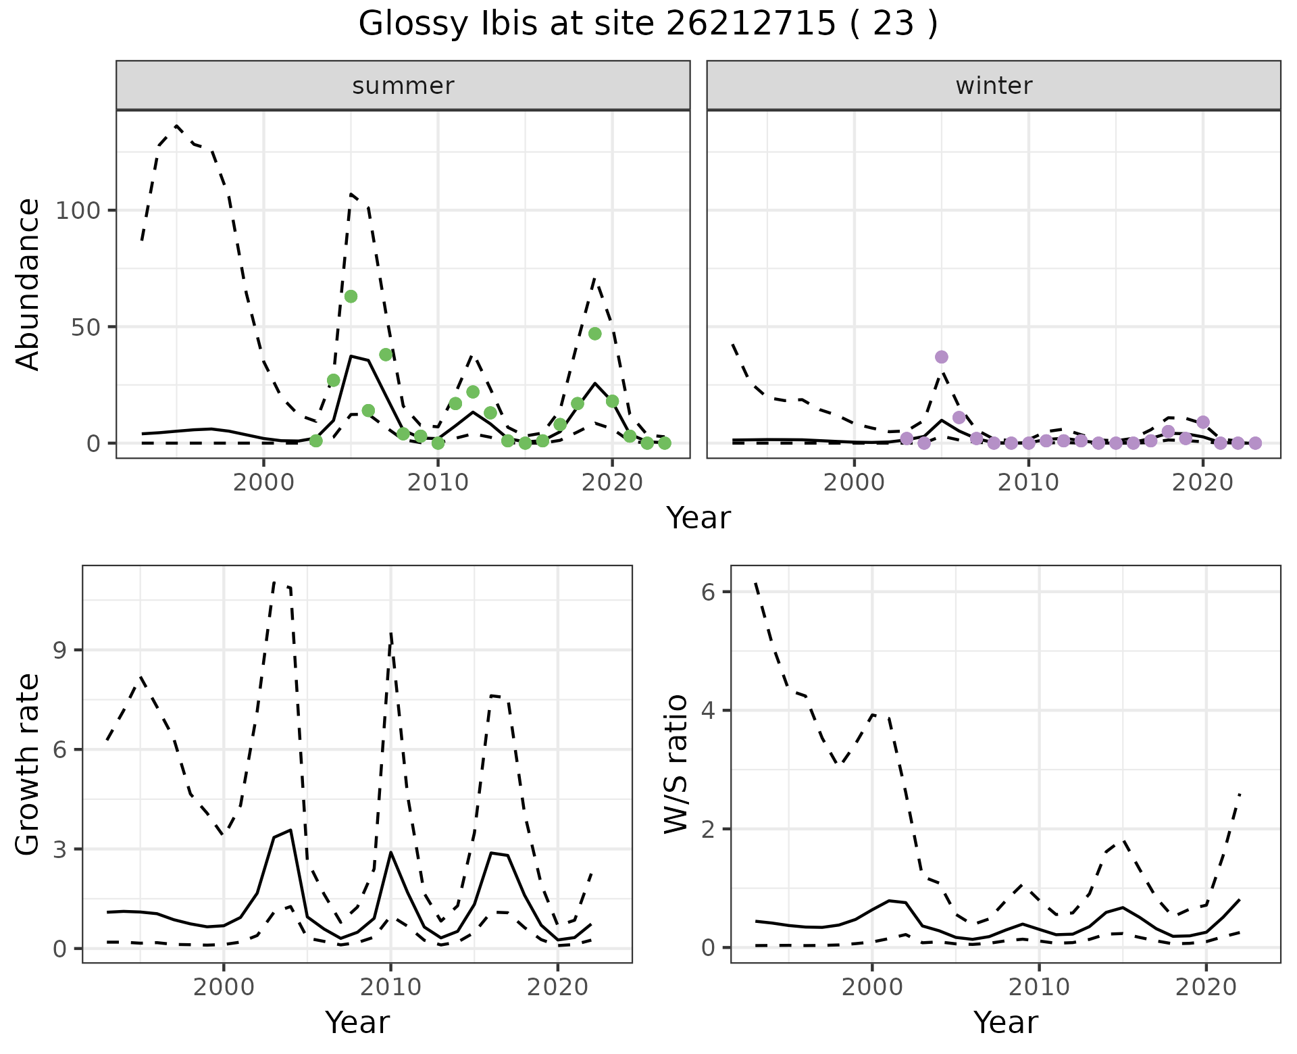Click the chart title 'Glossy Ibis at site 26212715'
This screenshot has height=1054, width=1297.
647,24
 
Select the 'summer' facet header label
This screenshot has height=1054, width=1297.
403,86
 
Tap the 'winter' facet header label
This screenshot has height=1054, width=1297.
993,86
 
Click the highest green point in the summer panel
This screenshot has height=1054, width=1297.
351,297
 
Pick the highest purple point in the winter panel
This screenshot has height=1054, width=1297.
942,357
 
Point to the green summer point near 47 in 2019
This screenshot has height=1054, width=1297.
594,334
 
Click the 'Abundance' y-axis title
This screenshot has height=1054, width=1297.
28,284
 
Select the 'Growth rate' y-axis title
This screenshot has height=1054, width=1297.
28,764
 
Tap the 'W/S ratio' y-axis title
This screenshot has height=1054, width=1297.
676,764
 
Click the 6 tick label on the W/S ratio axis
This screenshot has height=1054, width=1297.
707,593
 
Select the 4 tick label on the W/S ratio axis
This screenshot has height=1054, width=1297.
707,711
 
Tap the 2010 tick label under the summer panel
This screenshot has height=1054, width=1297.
438,482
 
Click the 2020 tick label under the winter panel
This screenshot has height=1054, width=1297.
1202,482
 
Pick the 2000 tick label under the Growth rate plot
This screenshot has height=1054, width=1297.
224,987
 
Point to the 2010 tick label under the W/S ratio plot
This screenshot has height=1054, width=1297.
1039,987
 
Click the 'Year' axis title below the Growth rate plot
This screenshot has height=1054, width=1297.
357,1022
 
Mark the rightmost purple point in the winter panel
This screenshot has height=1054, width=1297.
1255,443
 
